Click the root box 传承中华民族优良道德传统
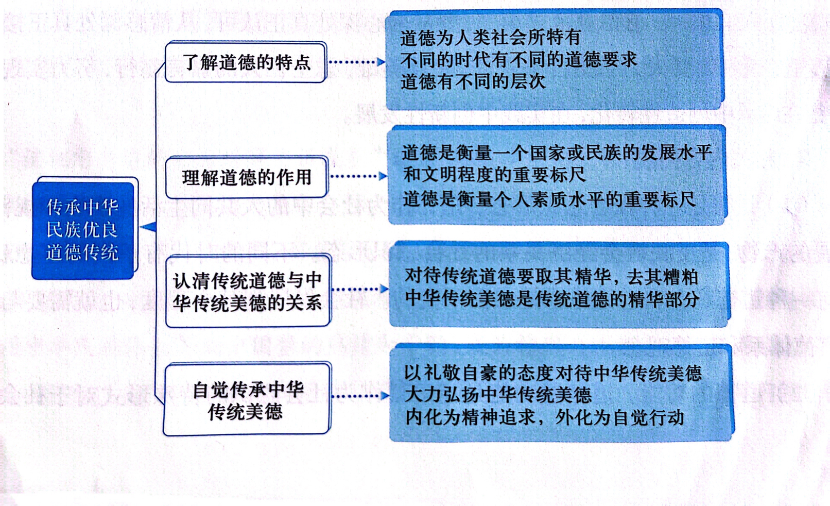tap(83, 230)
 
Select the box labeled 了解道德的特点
tap(246, 62)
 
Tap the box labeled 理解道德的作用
tap(247, 177)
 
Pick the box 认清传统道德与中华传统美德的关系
tap(247, 291)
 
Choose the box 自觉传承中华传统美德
tap(247, 400)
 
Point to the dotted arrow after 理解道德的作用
tap(358, 176)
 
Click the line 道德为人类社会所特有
tap(490, 38)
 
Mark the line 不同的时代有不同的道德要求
tap(518, 60)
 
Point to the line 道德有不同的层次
tap(473, 82)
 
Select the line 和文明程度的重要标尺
tap(494, 175)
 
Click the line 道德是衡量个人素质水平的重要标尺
tap(549, 199)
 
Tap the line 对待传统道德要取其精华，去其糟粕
tap(551, 277)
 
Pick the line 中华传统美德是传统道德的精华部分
tap(552, 299)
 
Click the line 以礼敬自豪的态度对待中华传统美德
tap(552, 373)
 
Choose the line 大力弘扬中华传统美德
tap(498, 395)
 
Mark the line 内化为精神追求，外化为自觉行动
tap(544, 417)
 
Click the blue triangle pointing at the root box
tap(149, 226)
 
